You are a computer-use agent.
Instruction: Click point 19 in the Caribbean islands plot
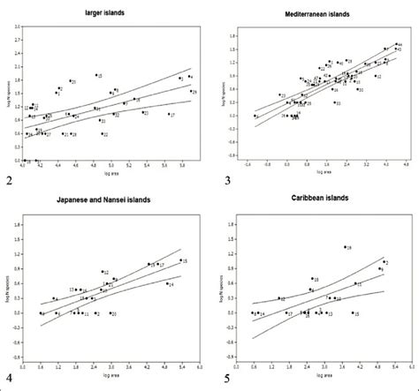click(x=344, y=248)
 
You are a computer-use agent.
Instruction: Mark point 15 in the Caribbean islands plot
click(x=352, y=312)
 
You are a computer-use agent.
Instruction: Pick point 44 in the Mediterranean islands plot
click(x=393, y=44)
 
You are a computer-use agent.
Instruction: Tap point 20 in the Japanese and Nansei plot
click(x=110, y=313)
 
